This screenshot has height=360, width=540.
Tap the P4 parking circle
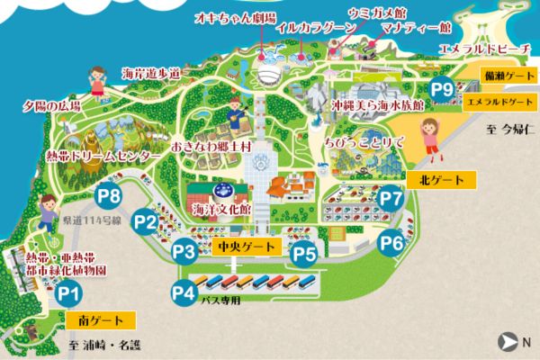(x=184, y=291)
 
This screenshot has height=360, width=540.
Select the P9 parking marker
(x=441, y=88)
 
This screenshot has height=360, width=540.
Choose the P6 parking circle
(x=391, y=242)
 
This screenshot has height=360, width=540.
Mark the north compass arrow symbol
(x=509, y=341)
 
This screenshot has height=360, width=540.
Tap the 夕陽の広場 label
(x=51, y=106)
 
